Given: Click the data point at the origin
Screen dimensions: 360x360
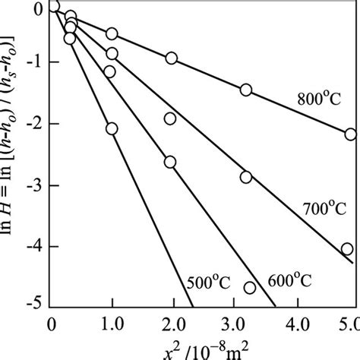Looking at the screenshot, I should [53, 8].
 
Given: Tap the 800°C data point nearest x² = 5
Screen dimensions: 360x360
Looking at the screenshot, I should [350, 134].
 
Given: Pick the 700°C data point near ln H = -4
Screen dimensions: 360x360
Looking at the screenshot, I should [347, 249].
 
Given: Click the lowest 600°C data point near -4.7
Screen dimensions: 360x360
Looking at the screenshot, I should [250, 288].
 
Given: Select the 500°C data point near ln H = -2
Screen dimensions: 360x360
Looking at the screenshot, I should [112, 129].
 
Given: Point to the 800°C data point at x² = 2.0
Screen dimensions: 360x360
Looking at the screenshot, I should [172, 58].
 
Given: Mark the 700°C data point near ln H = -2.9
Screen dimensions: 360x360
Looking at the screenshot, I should [246, 177].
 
